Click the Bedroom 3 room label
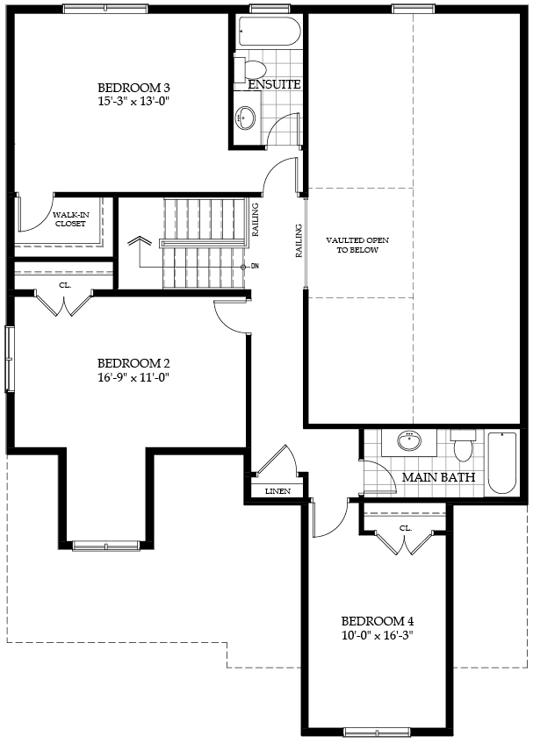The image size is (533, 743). [133, 88]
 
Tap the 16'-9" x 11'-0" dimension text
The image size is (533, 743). [133, 378]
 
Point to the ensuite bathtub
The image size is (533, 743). [269, 32]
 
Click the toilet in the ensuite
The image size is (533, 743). [250, 69]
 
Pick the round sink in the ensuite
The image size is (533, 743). [246, 117]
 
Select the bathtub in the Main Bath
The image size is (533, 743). [502, 462]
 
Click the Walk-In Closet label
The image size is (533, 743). [70, 219]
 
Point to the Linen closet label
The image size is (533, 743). [277, 491]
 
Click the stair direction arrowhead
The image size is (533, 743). [140, 240]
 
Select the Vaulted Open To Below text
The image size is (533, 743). [357, 245]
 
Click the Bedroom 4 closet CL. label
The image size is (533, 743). [406, 528]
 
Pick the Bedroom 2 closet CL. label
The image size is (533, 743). [65, 285]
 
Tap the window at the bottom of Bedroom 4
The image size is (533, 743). [372, 732]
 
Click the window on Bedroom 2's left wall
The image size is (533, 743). [9, 359]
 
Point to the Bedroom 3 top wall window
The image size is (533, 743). [104, 9]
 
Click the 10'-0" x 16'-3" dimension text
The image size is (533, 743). [378, 635]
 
